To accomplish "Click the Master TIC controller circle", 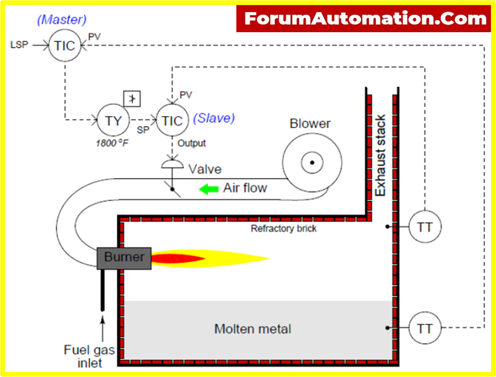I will click(x=65, y=45).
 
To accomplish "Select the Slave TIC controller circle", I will click(x=172, y=121).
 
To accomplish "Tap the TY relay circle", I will click(x=113, y=121).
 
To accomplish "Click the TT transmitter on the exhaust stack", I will click(x=425, y=227).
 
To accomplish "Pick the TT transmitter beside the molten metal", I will click(x=425, y=329).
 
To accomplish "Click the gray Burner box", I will click(x=124, y=258).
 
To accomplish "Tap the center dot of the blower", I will click(x=312, y=163).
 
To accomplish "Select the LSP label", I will click(x=19, y=45).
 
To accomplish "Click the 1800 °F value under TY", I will click(x=112, y=143).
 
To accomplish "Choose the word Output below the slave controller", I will click(x=192, y=143).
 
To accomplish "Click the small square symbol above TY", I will click(x=132, y=99).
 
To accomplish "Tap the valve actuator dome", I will click(x=172, y=164).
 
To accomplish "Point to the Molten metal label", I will click(x=253, y=329).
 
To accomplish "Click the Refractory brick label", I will click(x=283, y=228).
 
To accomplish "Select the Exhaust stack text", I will click(x=380, y=155).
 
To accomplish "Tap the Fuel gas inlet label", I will click(x=89, y=356).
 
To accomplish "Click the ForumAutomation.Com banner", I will click(x=365, y=19).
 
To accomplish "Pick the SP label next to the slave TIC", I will click(x=143, y=130).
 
